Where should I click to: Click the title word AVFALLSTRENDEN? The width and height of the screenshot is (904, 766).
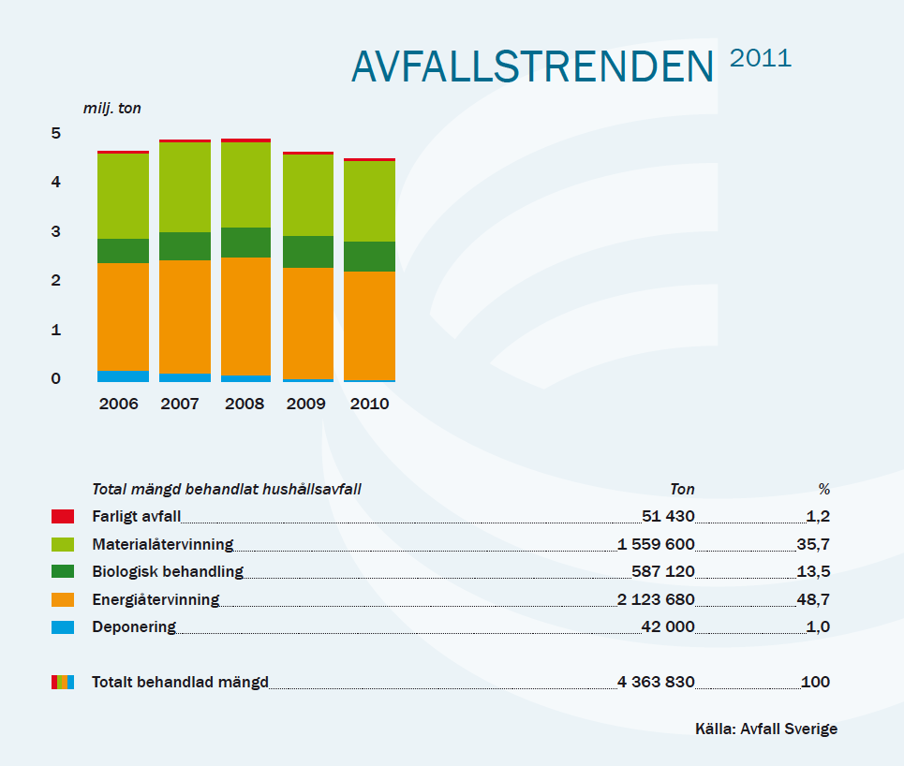(x=533, y=66)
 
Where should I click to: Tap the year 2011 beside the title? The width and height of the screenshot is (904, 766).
(x=761, y=58)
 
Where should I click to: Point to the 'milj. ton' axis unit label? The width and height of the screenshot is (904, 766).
(x=112, y=109)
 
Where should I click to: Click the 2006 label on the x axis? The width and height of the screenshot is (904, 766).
(x=118, y=405)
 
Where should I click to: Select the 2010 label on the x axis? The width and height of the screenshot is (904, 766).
(x=369, y=405)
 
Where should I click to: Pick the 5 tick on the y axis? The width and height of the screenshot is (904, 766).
(x=56, y=134)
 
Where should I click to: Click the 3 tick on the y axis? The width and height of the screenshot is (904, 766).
(x=56, y=232)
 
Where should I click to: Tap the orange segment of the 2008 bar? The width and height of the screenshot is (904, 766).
(x=245, y=317)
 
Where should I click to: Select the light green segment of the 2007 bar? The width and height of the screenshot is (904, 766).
(x=185, y=187)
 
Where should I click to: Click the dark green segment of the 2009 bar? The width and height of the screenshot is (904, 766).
(x=307, y=252)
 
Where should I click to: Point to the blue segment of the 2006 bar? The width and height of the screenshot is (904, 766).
(x=123, y=376)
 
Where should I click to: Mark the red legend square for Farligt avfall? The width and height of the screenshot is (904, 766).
(x=63, y=516)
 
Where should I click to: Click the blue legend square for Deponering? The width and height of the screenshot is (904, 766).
(x=63, y=627)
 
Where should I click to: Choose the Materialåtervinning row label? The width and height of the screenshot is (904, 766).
(x=162, y=544)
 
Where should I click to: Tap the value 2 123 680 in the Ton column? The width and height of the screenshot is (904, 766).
(x=656, y=599)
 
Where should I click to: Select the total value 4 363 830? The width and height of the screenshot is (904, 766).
(x=656, y=682)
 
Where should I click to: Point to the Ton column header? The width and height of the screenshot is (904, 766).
(x=682, y=489)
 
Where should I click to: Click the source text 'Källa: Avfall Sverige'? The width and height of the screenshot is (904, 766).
(x=766, y=729)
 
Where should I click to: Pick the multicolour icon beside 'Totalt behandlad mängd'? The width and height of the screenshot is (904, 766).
(x=63, y=682)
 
